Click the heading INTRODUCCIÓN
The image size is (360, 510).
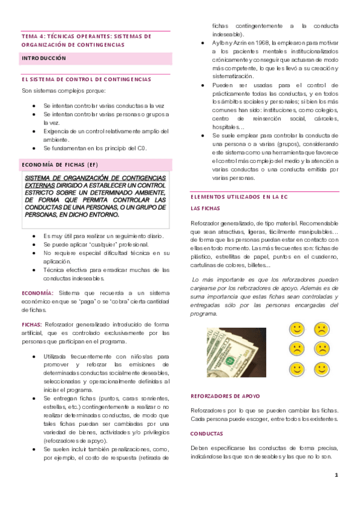tap(44, 58)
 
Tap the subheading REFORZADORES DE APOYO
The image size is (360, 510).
tap(225, 396)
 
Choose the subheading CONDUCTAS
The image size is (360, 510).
tap(206, 433)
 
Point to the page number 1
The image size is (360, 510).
tap(337, 476)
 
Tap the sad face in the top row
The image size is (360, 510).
tap(322, 329)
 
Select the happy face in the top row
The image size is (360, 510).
tap(296, 329)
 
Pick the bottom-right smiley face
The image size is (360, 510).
tap(322, 368)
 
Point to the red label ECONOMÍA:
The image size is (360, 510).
tap(38, 292)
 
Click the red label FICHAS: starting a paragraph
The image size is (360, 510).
tap(32, 324)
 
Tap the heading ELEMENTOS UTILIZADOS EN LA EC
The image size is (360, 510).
tap(239, 197)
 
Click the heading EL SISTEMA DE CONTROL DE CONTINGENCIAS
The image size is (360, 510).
tap(86, 79)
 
